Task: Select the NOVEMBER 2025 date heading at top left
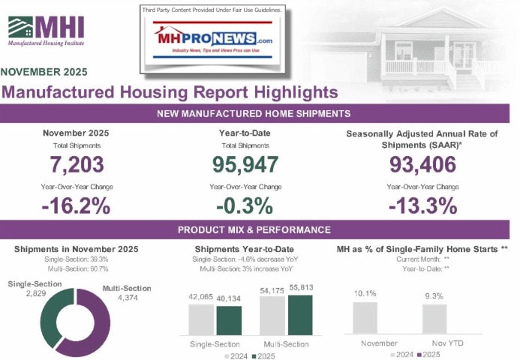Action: coord(44,73)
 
